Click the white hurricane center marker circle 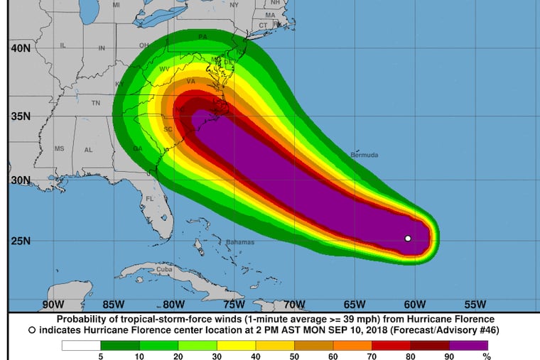point(408,239)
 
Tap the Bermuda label point(364,155)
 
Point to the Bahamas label point(239,243)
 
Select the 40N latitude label point(19,48)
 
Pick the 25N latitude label point(19,241)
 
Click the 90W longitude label point(53,305)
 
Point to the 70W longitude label point(294,305)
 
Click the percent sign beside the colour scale point(487,356)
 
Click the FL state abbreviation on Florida point(150,199)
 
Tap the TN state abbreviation point(95,103)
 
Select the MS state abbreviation point(59,148)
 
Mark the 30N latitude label point(19,180)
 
